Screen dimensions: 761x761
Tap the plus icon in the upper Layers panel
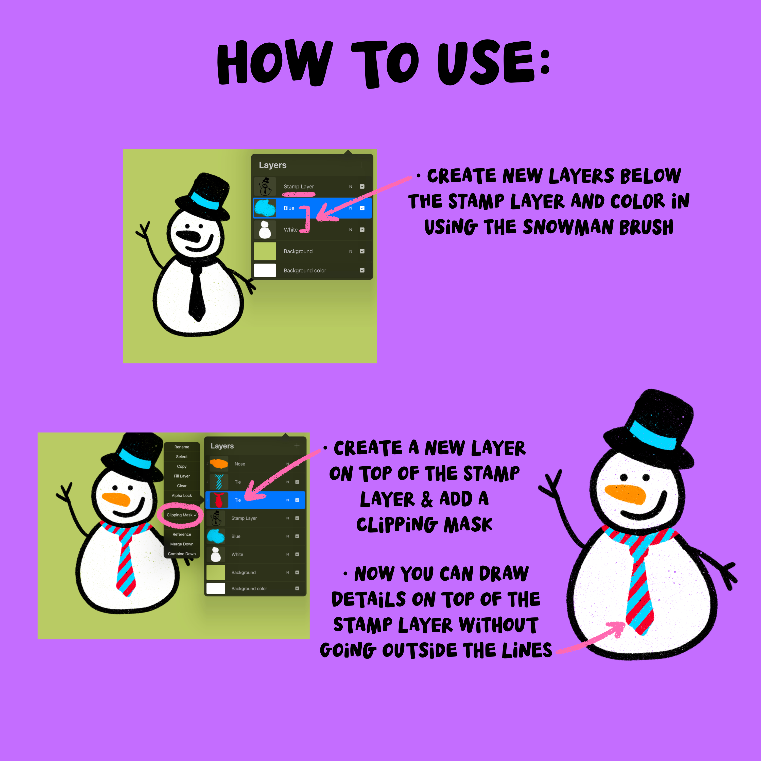(x=361, y=165)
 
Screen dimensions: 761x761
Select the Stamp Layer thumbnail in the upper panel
(x=265, y=186)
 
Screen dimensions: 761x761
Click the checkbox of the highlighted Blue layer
(x=362, y=208)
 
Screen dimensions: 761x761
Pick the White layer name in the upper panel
(x=291, y=230)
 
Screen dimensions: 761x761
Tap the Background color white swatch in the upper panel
(x=265, y=270)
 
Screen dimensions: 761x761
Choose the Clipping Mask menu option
(x=180, y=515)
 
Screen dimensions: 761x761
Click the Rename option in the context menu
(x=182, y=447)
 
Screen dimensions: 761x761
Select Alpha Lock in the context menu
(x=182, y=495)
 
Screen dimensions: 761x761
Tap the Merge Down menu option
(x=182, y=544)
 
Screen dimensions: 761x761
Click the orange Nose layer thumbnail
(x=219, y=464)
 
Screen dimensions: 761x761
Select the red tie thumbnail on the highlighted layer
(x=219, y=500)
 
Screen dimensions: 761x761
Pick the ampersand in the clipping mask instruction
(x=427, y=499)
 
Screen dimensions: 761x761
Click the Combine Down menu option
(x=182, y=554)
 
